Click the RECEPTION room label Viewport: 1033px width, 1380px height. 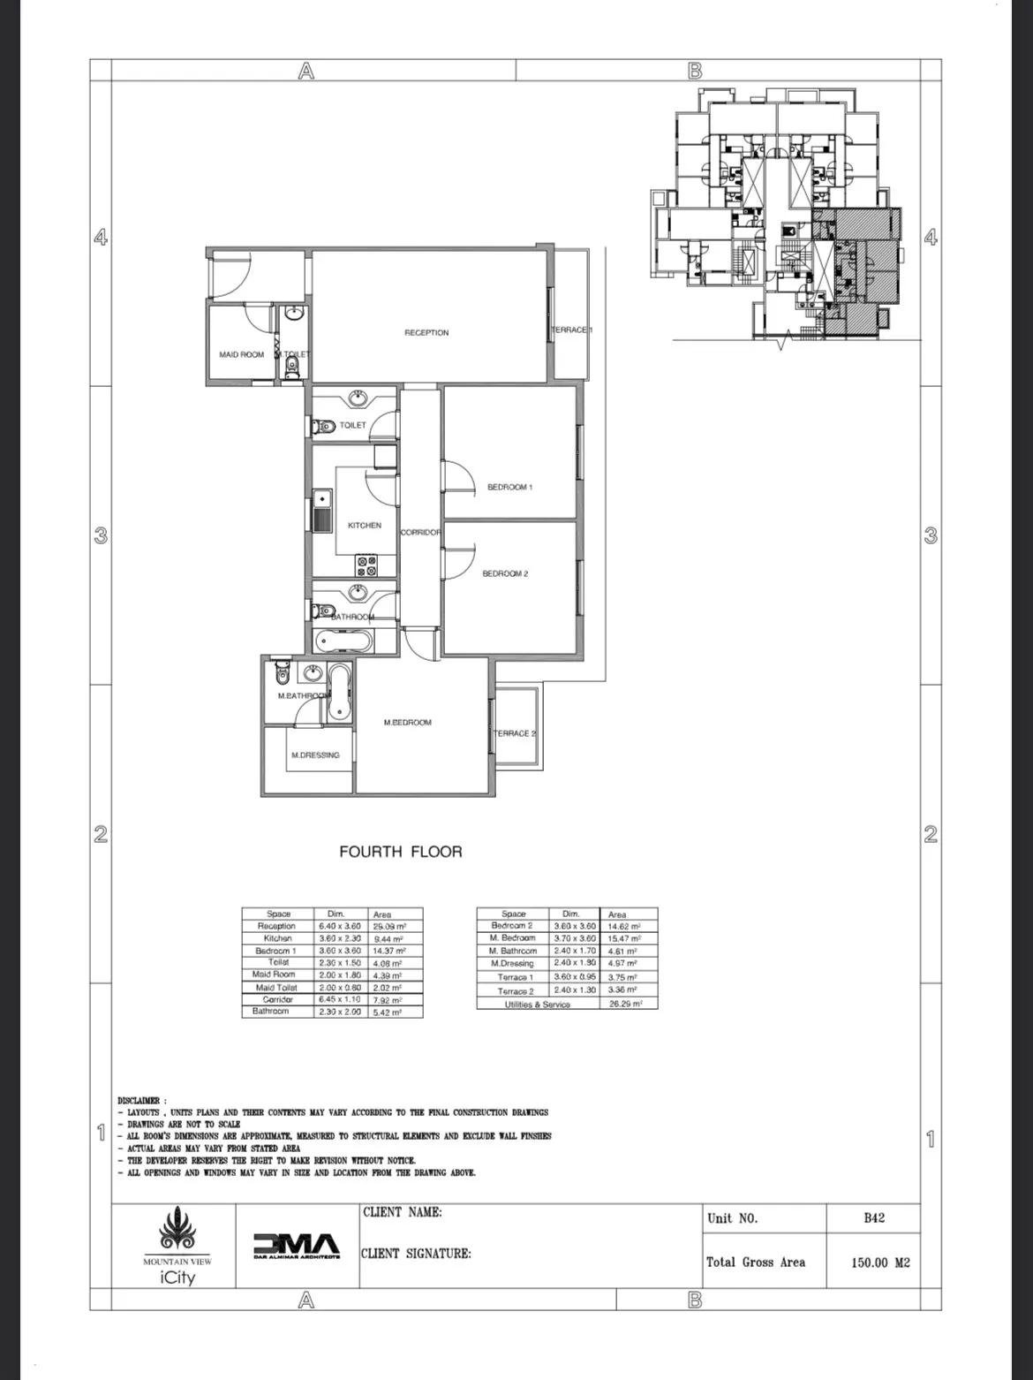(x=426, y=333)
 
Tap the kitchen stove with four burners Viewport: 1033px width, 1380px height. (x=366, y=565)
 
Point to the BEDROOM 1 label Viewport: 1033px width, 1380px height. (x=509, y=487)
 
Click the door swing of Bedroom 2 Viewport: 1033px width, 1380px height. (x=461, y=561)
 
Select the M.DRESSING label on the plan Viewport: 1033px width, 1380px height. (x=315, y=755)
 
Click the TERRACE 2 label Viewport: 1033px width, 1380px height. (x=514, y=733)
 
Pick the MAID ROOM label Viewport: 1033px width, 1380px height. (x=242, y=355)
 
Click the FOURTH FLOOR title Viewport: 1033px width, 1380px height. (x=401, y=852)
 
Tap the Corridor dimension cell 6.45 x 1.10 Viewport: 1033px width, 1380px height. (x=340, y=999)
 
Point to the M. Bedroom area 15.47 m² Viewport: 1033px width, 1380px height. (x=624, y=938)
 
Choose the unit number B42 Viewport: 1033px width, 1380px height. (x=874, y=1218)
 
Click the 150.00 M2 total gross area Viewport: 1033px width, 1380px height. (x=880, y=1262)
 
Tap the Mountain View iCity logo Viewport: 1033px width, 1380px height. (x=177, y=1247)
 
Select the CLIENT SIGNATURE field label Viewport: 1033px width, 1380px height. (x=416, y=1254)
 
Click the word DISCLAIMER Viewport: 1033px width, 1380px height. (x=139, y=1101)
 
